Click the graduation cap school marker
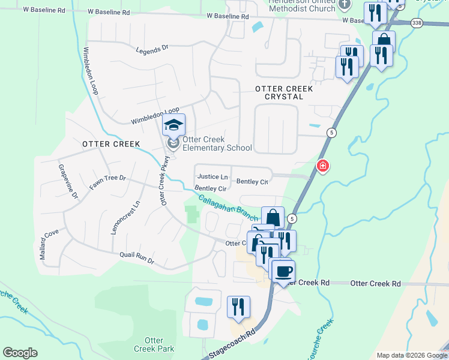[173, 125]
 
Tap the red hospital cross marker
[322, 165]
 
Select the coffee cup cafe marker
[283, 271]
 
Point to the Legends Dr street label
[153, 50]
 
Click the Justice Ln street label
[212, 177]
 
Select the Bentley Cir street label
[210, 188]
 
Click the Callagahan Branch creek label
[229, 206]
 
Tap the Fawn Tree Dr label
[107, 182]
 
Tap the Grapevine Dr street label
[68, 181]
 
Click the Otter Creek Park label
[154, 344]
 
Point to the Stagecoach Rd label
[233, 342]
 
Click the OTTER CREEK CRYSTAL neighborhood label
[284, 92]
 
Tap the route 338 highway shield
[417, 22]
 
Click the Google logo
[20, 353]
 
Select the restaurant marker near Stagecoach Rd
[238, 307]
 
